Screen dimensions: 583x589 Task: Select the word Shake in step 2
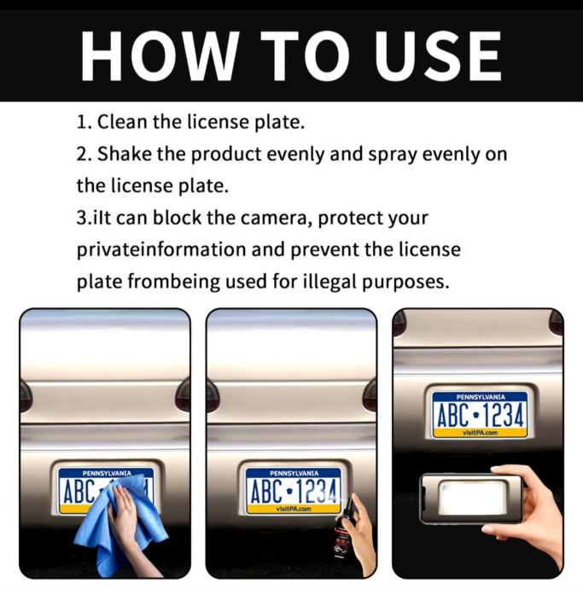(124, 154)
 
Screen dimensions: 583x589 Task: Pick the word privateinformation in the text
(161, 250)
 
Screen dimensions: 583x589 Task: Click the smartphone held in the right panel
(471, 498)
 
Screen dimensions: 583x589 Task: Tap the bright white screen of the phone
(472, 497)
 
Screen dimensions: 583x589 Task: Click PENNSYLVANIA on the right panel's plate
(481, 397)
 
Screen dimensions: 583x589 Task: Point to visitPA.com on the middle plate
(294, 510)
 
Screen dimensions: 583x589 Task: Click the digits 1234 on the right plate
(503, 415)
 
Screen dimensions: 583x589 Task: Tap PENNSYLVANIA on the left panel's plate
(107, 473)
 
